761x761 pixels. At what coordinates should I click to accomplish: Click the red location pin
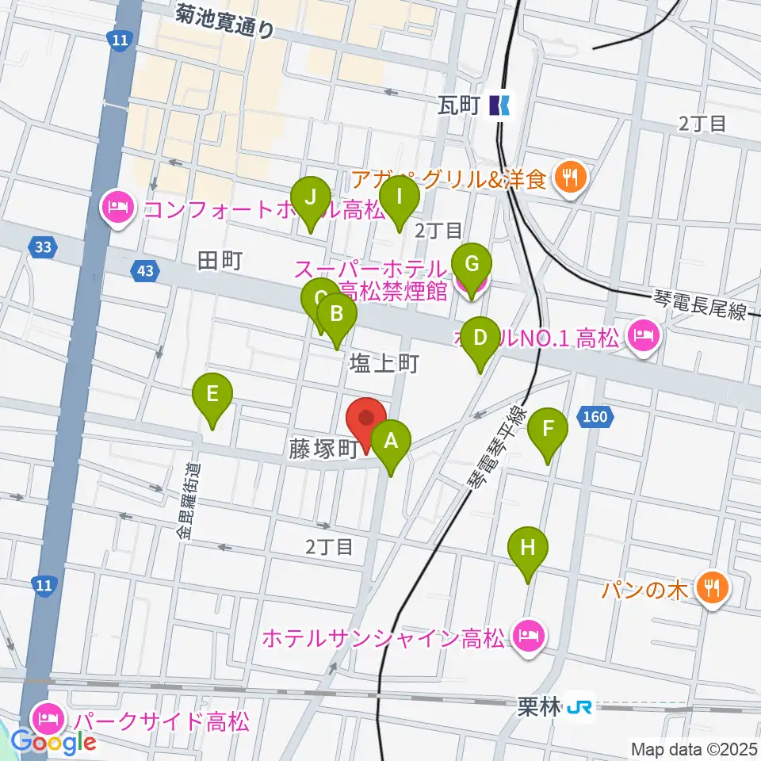366,420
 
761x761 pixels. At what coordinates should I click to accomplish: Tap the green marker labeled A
390,442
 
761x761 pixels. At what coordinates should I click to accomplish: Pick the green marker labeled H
528,549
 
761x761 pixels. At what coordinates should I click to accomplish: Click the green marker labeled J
310,198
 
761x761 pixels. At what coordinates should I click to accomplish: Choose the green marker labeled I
400,198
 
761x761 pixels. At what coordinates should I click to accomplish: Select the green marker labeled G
471,266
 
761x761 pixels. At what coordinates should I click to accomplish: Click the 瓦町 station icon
500,104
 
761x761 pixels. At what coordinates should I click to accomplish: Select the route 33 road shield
42,248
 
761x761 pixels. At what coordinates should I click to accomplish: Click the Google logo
54,743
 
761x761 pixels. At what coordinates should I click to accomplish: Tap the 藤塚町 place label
323,450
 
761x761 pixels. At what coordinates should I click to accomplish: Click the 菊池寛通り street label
226,20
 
